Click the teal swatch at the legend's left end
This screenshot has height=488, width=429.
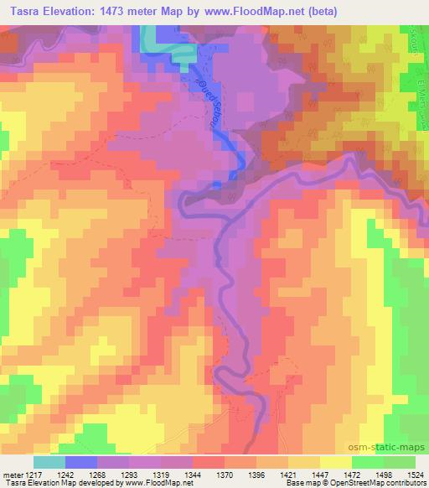coord(49,461)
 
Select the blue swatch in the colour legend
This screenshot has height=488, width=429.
coord(81,461)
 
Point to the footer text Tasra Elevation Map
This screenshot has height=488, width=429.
coord(43,483)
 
